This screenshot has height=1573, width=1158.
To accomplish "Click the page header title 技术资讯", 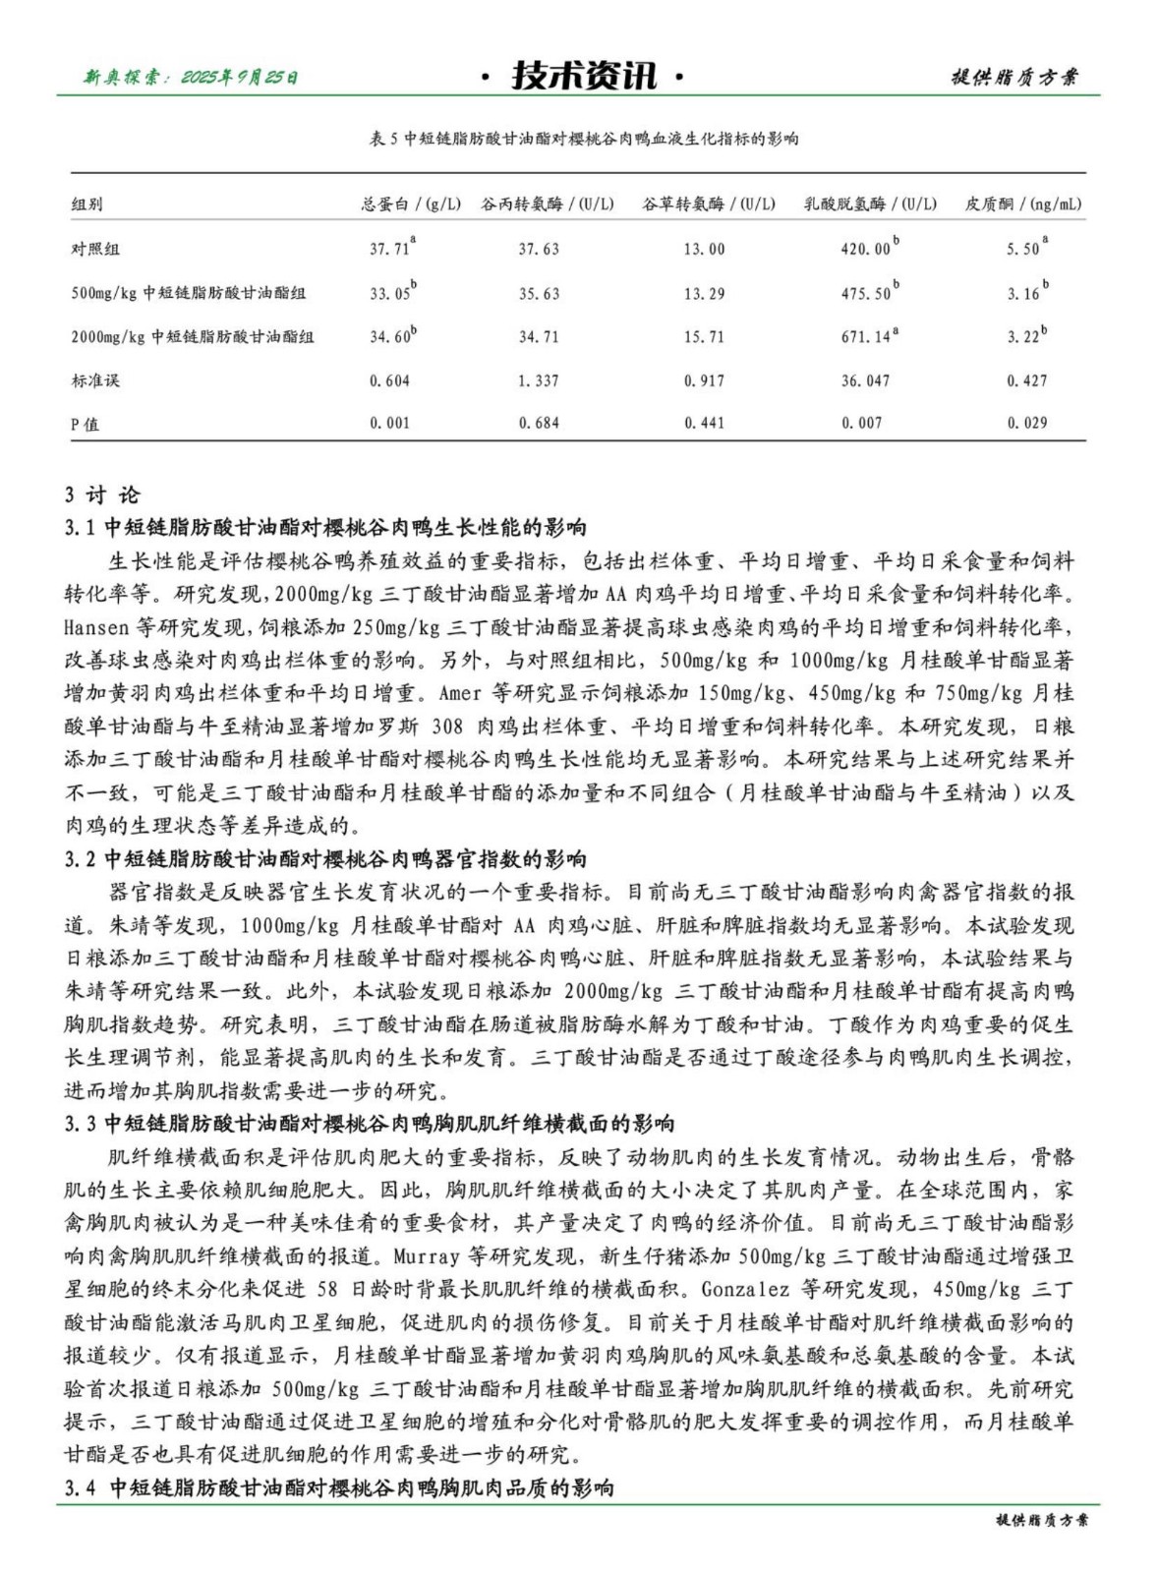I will tap(584, 76).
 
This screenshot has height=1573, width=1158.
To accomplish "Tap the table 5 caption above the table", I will tap(583, 139).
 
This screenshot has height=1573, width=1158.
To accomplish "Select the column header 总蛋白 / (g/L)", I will tap(410, 204).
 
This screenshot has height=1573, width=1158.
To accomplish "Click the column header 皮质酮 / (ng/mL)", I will tap(1022, 204).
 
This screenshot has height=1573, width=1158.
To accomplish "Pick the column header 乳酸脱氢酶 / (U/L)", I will tap(870, 204).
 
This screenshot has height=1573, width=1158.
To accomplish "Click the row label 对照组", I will tap(95, 249).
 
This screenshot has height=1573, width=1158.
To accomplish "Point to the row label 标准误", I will tap(95, 380).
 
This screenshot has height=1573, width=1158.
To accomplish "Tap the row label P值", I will tap(86, 424).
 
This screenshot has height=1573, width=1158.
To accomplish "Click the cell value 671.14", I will tap(865, 337).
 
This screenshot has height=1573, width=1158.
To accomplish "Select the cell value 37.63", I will tap(539, 250).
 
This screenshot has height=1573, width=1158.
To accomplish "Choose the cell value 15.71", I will tap(704, 337).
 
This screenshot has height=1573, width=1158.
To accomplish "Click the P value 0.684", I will tap(539, 424).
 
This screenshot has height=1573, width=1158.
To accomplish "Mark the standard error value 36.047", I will tap(865, 380).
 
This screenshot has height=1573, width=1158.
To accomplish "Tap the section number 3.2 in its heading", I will tap(80, 859).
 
